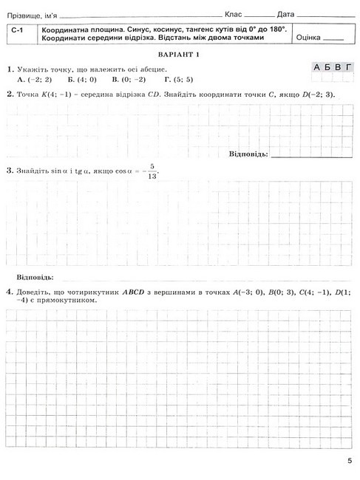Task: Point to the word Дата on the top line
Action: (286, 14)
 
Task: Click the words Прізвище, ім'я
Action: (30, 14)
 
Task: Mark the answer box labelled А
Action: (317, 67)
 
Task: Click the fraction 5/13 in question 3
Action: (153, 171)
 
